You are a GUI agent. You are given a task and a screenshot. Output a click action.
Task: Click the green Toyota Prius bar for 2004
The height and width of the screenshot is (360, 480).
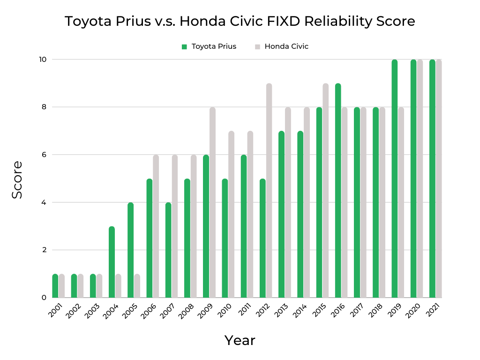pyautogui.click(x=112, y=262)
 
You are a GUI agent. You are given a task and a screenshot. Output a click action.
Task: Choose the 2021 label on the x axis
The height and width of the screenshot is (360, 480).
pyautogui.click(x=435, y=311)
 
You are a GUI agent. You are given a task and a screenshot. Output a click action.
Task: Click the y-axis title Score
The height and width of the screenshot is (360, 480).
pyautogui.click(x=17, y=180)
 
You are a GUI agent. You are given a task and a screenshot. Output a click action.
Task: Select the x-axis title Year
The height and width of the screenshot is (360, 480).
pyautogui.click(x=240, y=340)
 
